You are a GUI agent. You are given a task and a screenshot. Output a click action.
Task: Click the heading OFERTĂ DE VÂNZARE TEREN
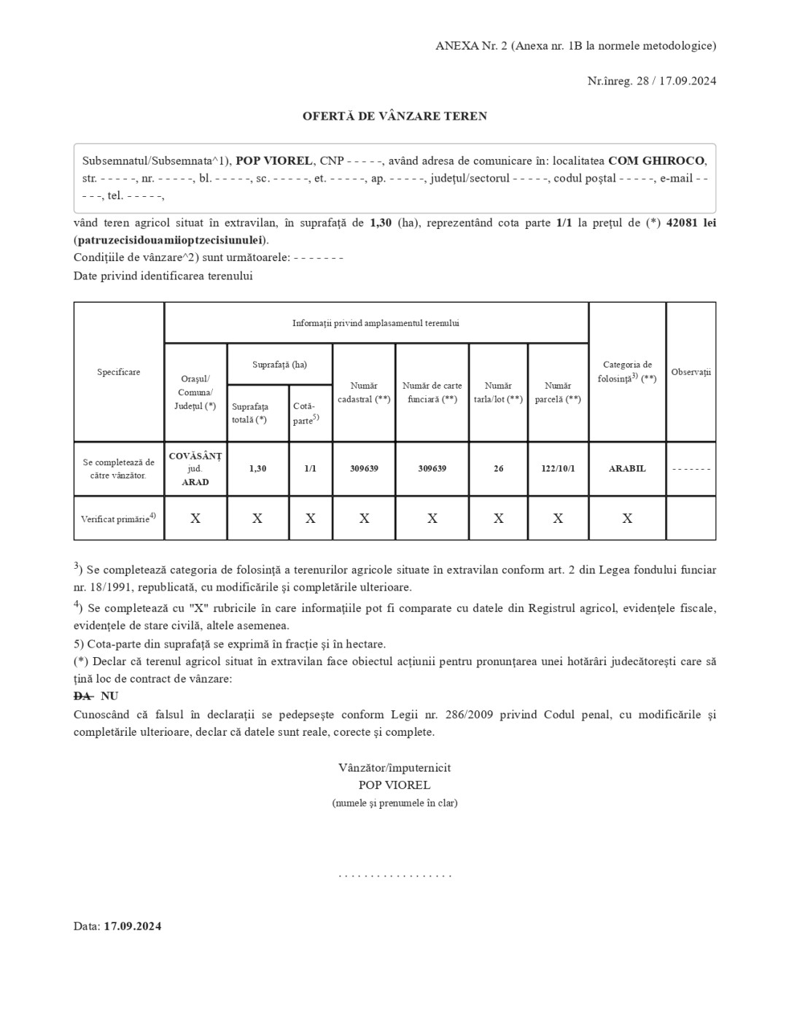(x=394, y=116)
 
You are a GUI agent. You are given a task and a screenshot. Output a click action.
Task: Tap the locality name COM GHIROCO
(x=656, y=160)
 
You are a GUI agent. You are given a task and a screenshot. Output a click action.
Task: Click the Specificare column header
(x=119, y=372)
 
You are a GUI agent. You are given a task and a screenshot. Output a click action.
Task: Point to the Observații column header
(x=691, y=372)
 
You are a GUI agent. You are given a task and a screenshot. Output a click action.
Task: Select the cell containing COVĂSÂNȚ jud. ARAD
(x=195, y=469)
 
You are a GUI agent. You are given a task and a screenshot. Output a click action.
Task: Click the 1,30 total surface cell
(x=257, y=469)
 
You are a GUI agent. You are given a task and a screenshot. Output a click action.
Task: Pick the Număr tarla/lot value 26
(x=498, y=469)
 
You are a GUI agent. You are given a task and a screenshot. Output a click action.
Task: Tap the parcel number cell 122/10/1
(x=558, y=469)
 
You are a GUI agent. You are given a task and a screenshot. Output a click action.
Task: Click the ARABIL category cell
(x=627, y=469)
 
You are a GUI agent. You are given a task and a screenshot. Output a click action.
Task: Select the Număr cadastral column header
(x=364, y=392)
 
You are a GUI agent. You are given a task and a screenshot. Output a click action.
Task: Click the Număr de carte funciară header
(x=432, y=392)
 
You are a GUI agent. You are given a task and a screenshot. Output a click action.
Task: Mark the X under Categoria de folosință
(x=627, y=519)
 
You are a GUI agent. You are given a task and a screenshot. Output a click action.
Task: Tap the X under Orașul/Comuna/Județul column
(x=195, y=519)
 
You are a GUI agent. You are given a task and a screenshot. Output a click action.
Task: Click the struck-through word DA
(x=82, y=696)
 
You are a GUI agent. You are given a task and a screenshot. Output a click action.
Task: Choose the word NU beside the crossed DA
(x=109, y=696)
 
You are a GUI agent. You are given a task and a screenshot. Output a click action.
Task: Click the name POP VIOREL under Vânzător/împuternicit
(x=394, y=785)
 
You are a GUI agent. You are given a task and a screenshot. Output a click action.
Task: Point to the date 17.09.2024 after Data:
(x=132, y=926)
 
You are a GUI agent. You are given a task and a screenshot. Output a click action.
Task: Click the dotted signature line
(x=394, y=874)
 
